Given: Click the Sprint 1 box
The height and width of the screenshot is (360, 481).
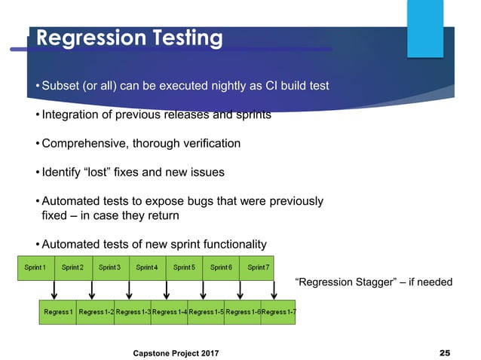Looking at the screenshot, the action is tap(35, 267).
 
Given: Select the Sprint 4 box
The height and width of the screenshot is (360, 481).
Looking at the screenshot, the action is tap(146, 267).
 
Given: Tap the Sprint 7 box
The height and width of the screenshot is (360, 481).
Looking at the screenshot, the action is tap(257, 267).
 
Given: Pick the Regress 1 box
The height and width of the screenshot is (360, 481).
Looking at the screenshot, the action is tap(57, 312).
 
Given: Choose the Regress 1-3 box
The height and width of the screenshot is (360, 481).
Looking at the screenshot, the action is tap(133, 312).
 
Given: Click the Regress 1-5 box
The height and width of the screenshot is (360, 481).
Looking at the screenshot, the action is tap(205, 312).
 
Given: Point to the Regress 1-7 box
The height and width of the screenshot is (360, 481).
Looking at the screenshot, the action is tap(278, 312).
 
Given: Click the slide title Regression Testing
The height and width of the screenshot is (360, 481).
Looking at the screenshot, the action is tap(130, 38).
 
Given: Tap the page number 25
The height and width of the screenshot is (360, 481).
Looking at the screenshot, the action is tap(444, 352).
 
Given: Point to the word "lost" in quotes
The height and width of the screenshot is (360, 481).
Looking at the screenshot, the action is tap(109, 172).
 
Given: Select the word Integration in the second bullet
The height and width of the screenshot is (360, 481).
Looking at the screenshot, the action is tap(72, 114).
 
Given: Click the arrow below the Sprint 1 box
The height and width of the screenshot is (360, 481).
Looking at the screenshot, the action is tap(55, 289).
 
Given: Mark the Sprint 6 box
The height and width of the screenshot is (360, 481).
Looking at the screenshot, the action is tap(220, 267).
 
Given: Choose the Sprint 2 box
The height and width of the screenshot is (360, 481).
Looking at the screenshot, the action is tap(72, 267).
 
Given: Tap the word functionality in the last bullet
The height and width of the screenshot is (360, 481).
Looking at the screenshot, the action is tap(226, 244).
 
